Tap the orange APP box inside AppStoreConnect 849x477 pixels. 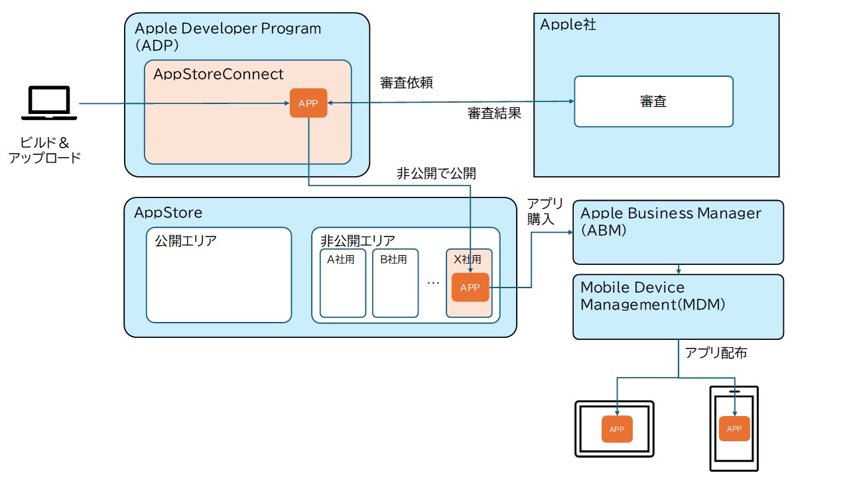[x=308, y=103]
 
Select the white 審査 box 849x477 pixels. [x=653, y=101]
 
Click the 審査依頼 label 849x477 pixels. [x=407, y=83]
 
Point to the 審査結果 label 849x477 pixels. [x=494, y=113]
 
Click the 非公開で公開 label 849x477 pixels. [x=436, y=174]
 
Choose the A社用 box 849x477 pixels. [x=343, y=284]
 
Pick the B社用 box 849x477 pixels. [x=395, y=284]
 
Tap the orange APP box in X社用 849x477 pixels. [x=470, y=288]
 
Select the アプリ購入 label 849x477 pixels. [x=545, y=211]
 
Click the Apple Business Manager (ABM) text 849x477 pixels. [x=671, y=222]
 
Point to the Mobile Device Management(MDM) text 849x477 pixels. [x=653, y=296]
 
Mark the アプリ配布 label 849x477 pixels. [x=716, y=353]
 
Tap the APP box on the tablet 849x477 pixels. [x=617, y=429]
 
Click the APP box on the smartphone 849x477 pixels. [x=734, y=429]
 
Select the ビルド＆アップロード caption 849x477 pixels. [x=45, y=150]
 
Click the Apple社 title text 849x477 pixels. [x=568, y=25]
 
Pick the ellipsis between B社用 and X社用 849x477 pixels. [x=433, y=283]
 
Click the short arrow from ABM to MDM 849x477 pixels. [x=678, y=270]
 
